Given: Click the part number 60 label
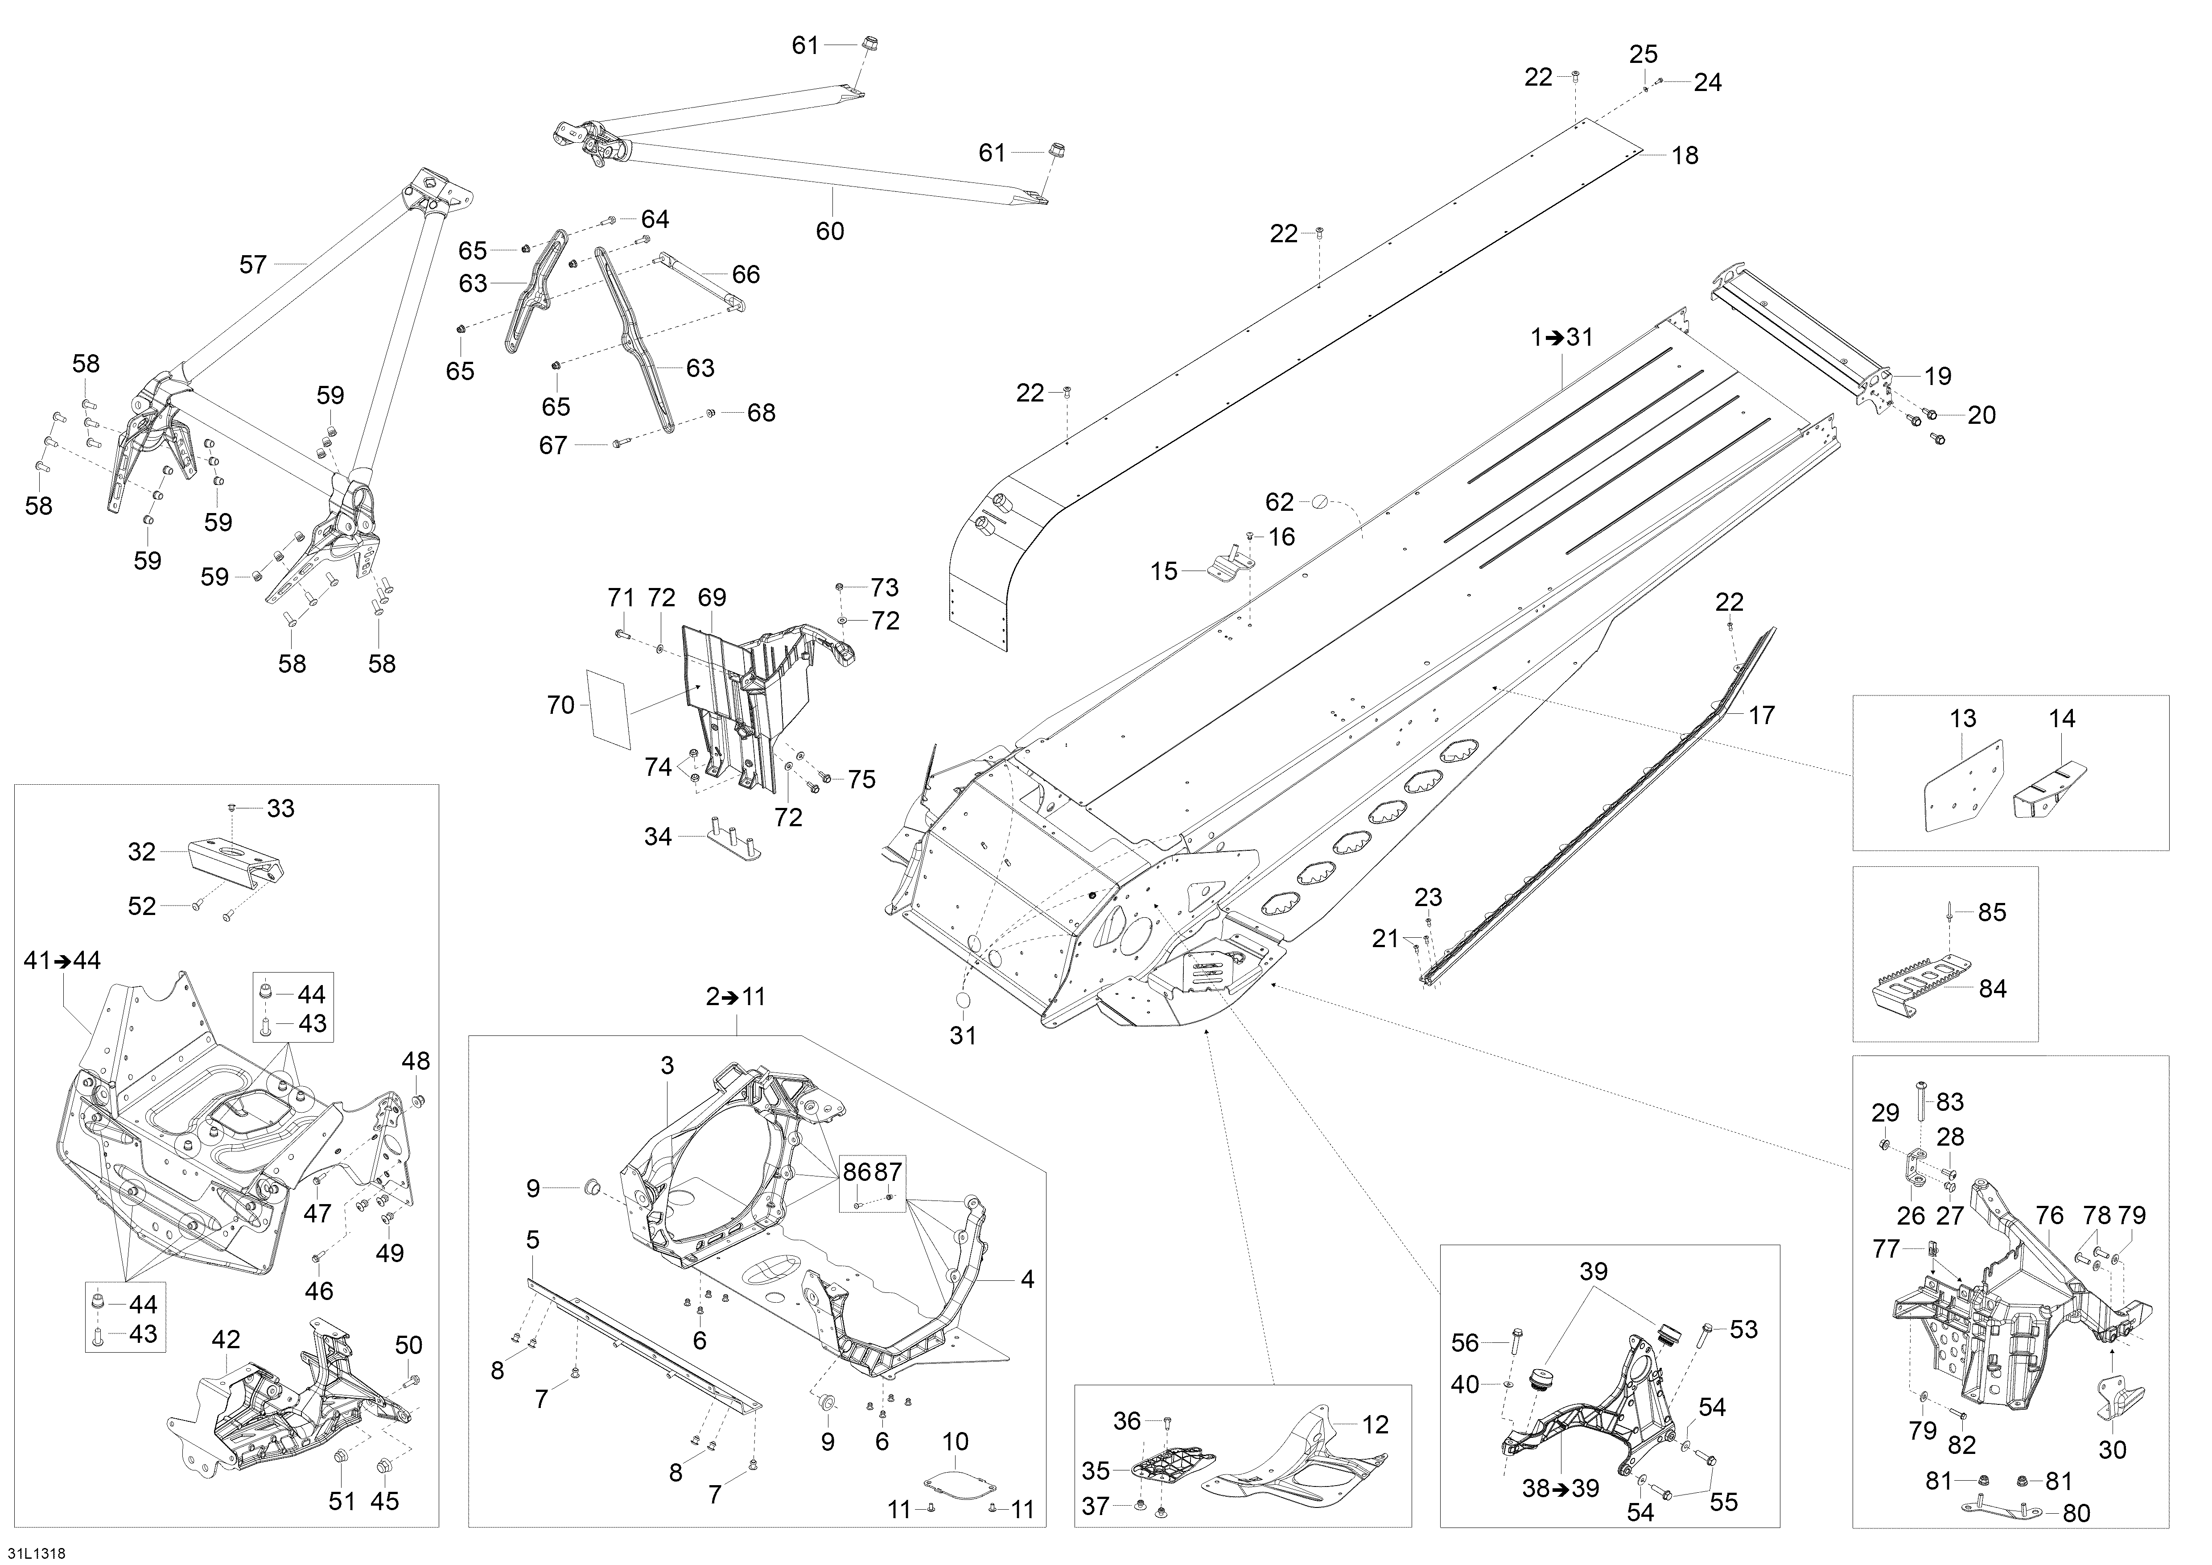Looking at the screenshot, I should coord(829,231).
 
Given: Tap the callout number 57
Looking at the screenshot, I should coord(252,264).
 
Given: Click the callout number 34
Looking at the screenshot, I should coord(658,836).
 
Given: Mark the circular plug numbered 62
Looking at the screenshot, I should coord(1321,501).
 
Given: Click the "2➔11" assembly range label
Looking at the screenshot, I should coord(735,997).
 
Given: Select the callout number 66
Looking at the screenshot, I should coord(746,275).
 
